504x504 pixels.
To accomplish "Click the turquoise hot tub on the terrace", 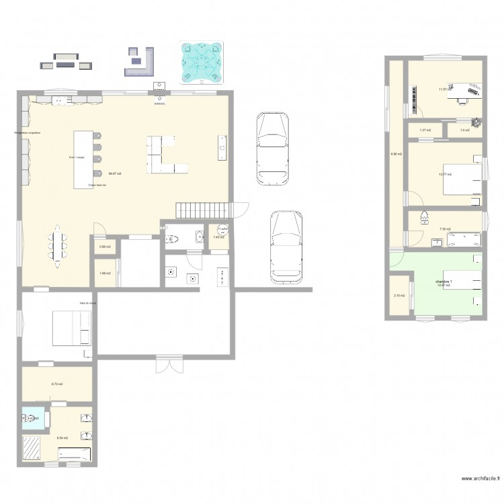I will click(201, 63).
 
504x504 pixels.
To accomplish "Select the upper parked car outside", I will click(273, 148).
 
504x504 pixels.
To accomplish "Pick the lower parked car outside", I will click(286, 248).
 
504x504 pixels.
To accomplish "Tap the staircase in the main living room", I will click(202, 210).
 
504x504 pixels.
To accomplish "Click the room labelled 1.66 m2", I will click(104, 274).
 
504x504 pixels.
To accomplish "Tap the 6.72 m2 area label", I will click(57, 384).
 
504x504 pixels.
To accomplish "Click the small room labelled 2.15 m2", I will click(398, 296).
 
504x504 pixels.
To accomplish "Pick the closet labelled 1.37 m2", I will click(425, 130).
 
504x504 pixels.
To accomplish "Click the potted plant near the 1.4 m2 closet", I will click(476, 123).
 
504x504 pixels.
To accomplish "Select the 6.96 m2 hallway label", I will click(396, 154).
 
